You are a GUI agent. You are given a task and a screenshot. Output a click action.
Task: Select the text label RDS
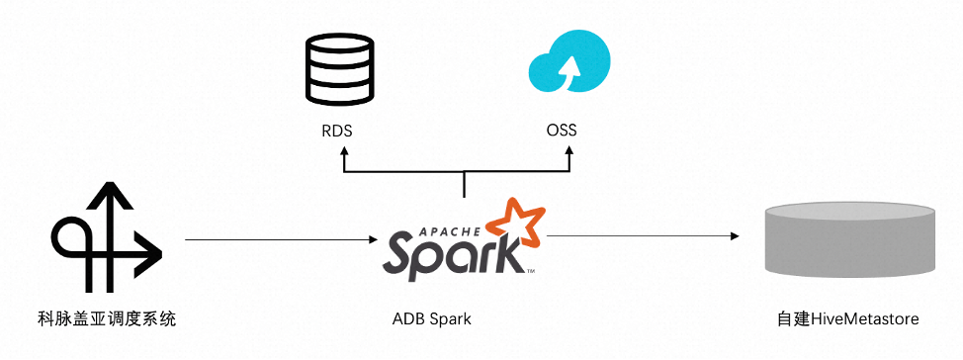point(337,131)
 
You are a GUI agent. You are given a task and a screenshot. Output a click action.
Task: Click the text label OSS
point(562,131)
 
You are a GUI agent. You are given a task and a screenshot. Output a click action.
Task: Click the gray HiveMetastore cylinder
point(848,238)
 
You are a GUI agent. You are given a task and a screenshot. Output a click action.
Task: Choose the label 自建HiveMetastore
point(848,319)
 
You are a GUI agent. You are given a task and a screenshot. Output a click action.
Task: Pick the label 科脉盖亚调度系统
point(106,319)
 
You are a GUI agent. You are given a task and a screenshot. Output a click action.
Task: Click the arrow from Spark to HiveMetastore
point(643,236)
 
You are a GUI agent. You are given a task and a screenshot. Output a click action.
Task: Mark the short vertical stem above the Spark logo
point(464,184)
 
